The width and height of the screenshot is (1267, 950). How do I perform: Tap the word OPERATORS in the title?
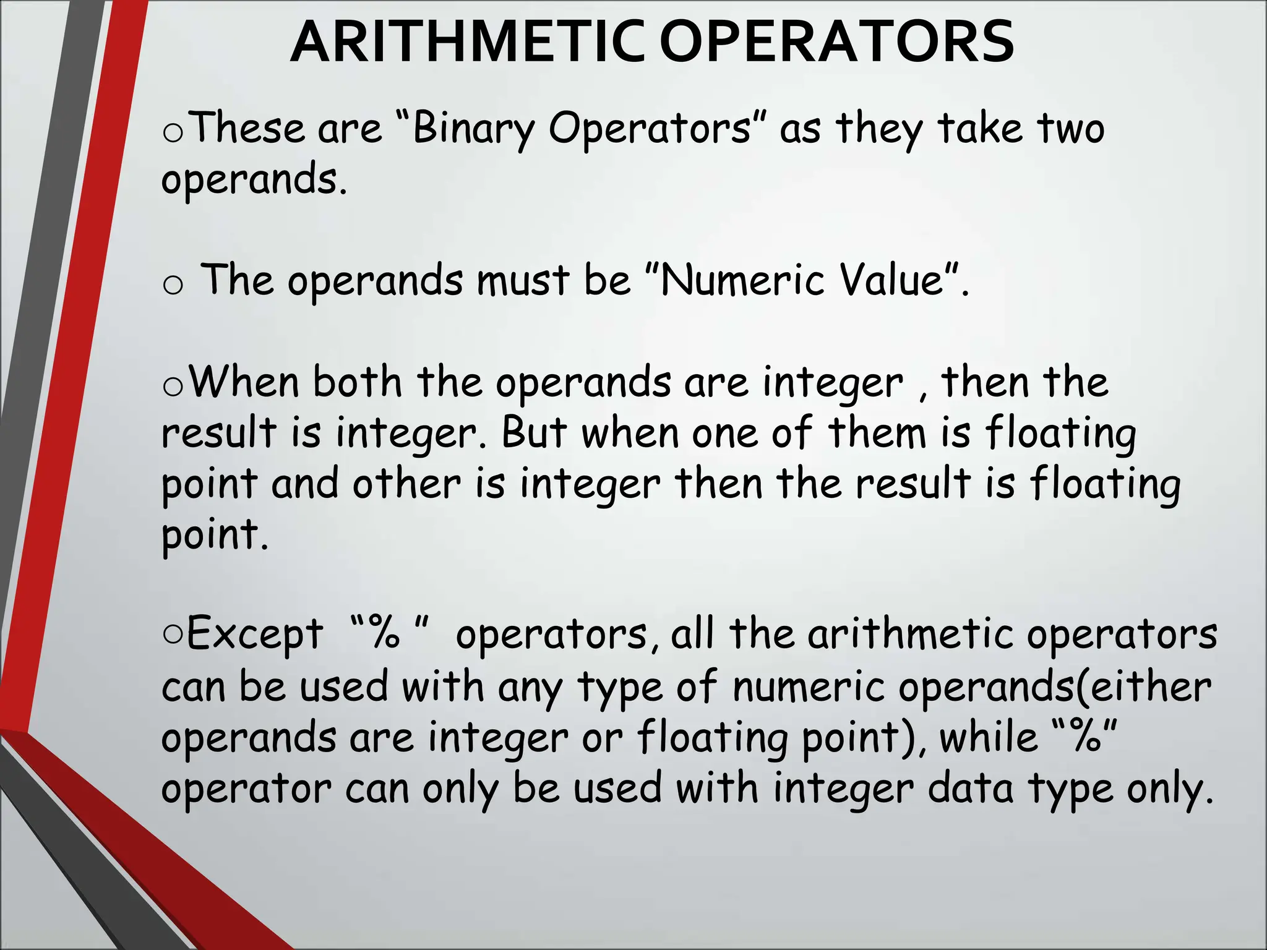836,42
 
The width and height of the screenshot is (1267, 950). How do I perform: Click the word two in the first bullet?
1071,128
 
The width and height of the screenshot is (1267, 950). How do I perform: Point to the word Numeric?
743,280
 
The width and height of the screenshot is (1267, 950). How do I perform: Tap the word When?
244,382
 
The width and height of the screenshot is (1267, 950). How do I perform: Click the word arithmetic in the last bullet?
910,635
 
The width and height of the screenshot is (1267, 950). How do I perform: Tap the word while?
988,737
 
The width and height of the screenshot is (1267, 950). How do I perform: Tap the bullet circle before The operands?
173,285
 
